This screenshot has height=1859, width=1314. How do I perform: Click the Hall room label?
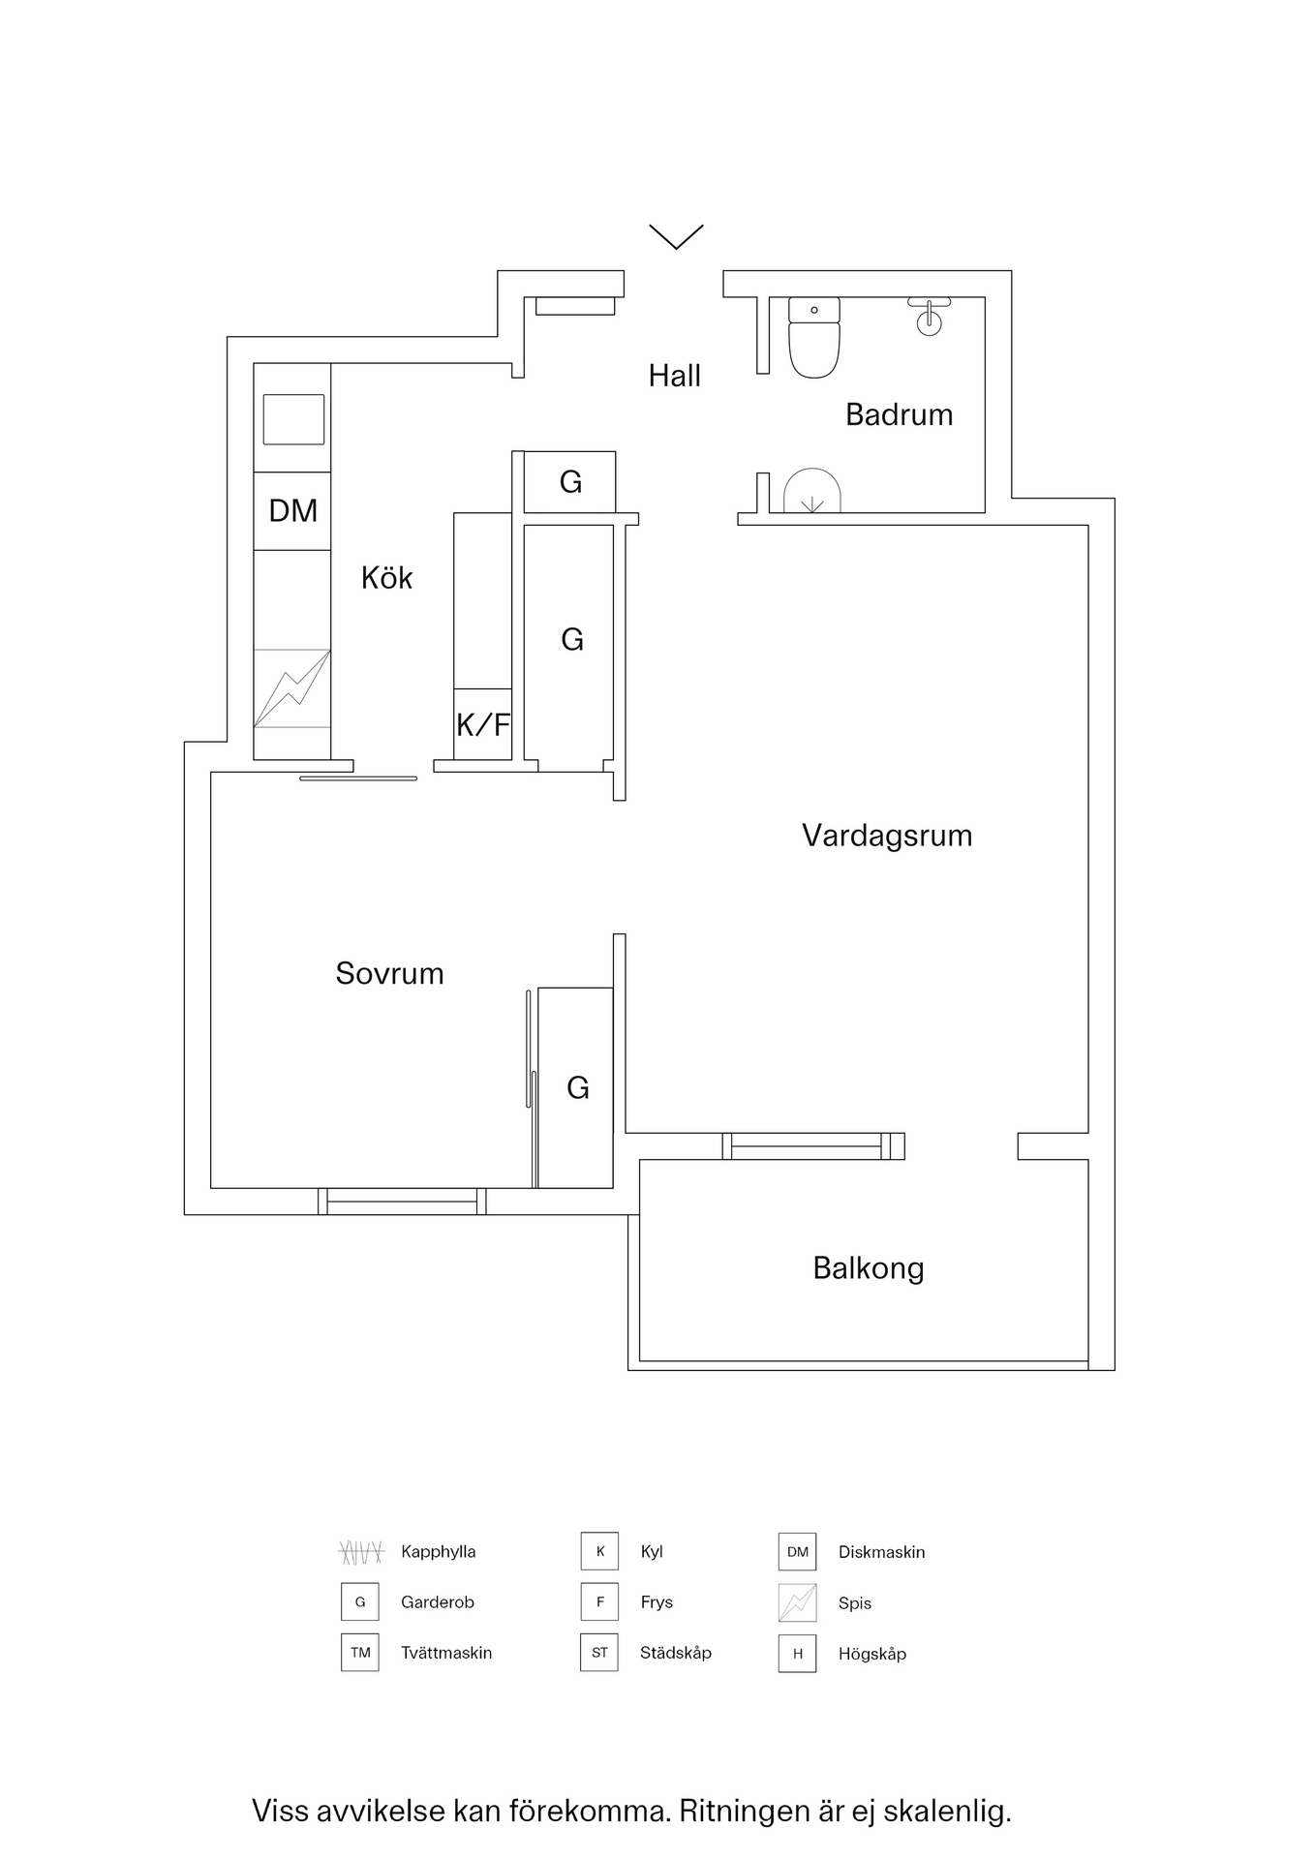pos(674,376)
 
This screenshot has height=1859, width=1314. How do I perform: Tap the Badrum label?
pos(899,414)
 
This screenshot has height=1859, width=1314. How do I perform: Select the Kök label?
pos(386,578)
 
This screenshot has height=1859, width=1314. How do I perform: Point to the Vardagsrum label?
pos(886,836)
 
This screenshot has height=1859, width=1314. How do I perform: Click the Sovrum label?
pos(389,973)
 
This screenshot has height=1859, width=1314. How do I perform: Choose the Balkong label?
pos(868,1268)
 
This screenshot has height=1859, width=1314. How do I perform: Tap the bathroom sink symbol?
pos(929,316)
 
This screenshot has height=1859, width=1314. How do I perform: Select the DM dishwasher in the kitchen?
pos(292,511)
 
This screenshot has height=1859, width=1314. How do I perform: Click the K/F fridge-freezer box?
pos(483,724)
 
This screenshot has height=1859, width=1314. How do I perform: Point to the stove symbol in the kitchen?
pos(292,688)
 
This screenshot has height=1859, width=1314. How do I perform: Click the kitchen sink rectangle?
pos(293,419)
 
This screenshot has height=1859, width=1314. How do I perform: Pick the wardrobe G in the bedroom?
pos(576,1087)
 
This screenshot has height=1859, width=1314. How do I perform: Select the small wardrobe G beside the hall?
pos(570,482)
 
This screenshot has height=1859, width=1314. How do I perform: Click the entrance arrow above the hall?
pos(676,236)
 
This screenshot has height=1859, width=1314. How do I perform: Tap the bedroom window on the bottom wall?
pos(402,1202)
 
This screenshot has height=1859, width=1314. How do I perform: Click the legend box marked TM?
pos(360,1653)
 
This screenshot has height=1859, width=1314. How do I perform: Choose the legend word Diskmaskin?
pos(881,1552)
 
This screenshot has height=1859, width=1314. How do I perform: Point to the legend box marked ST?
pos(599,1653)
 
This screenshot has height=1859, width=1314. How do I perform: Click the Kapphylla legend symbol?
pos(361,1552)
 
